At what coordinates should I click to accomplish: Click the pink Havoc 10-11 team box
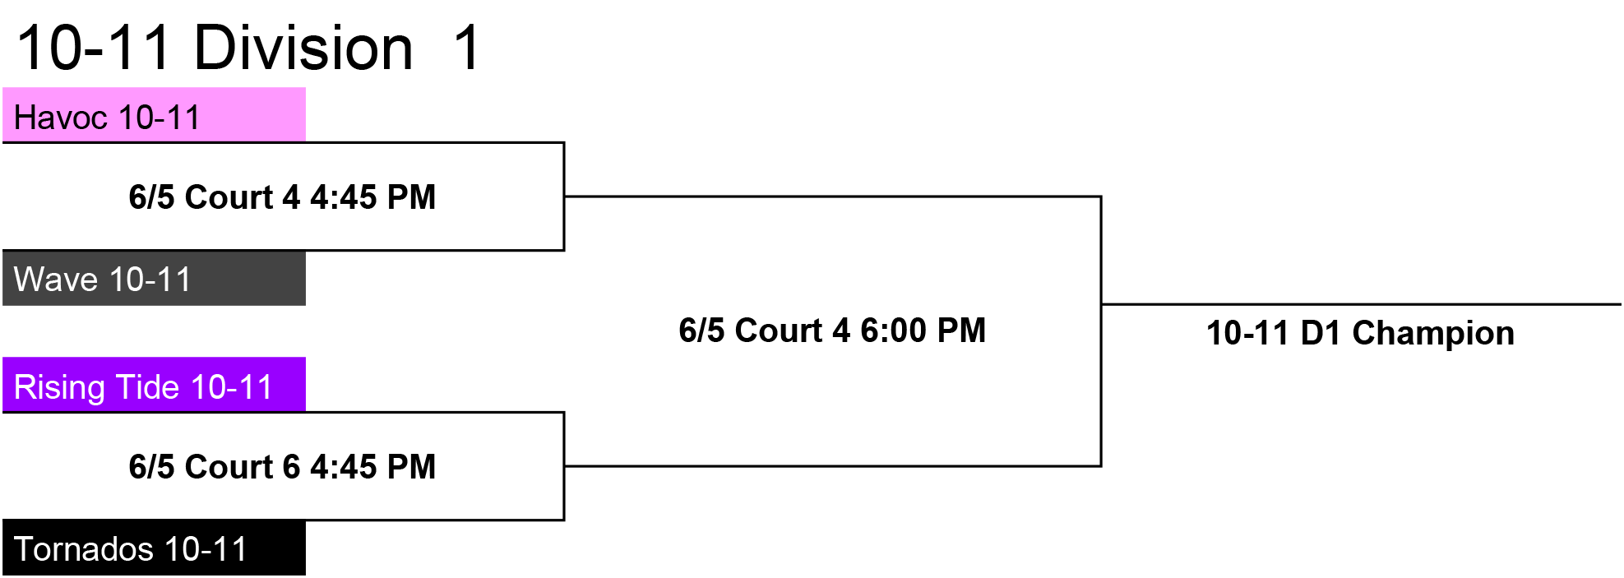coord(154,114)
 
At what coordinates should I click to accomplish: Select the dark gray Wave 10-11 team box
coord(154,279)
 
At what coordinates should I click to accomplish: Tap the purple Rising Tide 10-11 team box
coord(154,384)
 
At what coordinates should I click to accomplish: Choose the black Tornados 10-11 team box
coord(154,548)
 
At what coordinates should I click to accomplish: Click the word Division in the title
coord(303,48)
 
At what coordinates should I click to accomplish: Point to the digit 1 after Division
coord(467,48)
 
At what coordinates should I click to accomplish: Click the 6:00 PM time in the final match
coord(923,331)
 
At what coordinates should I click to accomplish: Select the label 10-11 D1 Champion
coord(1360,333)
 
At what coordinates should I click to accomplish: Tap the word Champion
coord(1433,334)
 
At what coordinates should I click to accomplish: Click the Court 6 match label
coord(282,467)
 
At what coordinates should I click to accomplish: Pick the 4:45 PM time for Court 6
coord(372,467)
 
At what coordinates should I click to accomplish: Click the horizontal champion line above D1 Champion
coord(1361,304)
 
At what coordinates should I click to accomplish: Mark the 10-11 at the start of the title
coord(93,48)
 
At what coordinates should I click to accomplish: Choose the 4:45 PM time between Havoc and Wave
coord(372,197)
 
